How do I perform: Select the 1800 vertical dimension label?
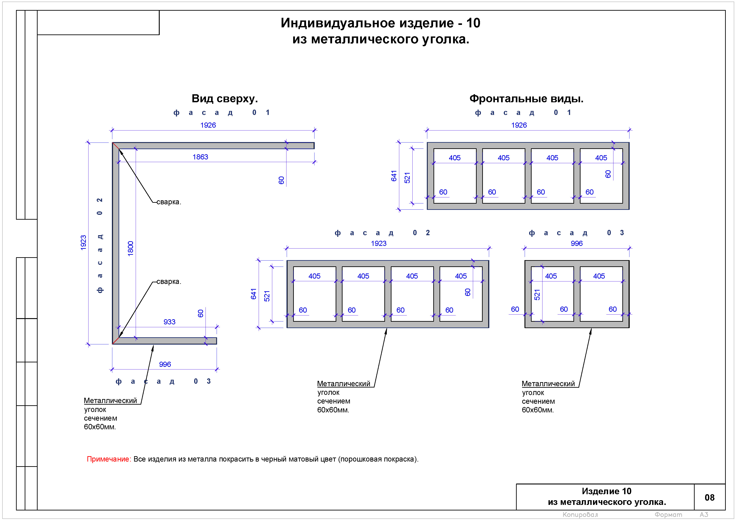pyautogui.click(x=130, y=248)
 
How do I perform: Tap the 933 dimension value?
pyautogui.click(x=169, y=322)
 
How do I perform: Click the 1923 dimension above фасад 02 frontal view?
pyautogui.click(x=379, y=243)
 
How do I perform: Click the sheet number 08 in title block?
pyautogui.click(x=709, y=497)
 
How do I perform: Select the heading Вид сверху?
pyautogui.click(x=224, y=98)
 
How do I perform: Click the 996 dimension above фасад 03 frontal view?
pyautogui.click(x=576, y=243)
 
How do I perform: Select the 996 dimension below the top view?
pyautogui.click(x=165, y=364)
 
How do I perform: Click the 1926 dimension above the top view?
pyautogui.click(x=208, y=125)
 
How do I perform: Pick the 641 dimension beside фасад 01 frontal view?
pyautogui.click(x=394, y=176)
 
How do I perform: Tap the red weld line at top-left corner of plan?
pyautogui.click(x=116, y=146)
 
